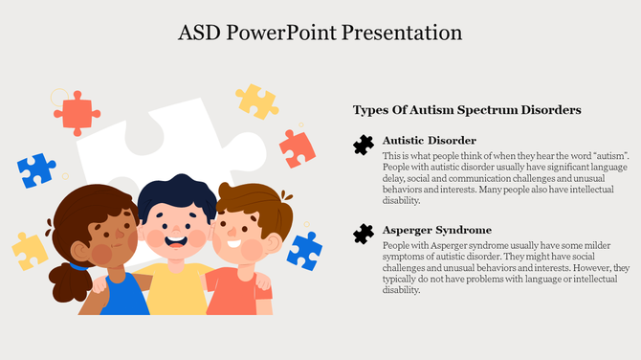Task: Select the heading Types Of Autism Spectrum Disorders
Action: [x=466, y=111]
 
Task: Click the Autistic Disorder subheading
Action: [x=429, y=140]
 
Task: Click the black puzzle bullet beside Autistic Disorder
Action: [x=363, y=145]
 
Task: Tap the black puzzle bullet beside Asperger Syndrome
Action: [x=363, y=234]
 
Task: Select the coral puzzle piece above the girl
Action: [x=77, y=111]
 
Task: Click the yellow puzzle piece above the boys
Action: [x=256, y=101]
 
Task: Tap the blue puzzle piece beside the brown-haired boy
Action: [x=304, y=249]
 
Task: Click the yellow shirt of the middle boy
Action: [x=178, y=292]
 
